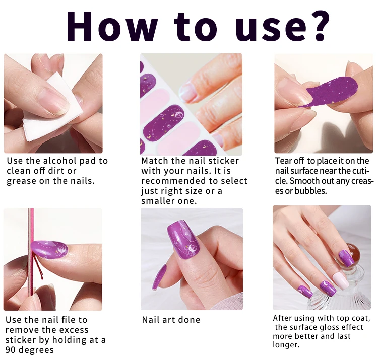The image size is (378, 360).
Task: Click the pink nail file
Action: (x=31, y=259)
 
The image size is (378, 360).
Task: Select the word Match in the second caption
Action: (x=155, y=161)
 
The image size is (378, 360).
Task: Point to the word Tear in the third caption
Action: (x=283, y=161)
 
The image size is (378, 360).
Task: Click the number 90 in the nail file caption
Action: (x=11, y=350)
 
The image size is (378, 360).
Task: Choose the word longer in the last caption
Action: (x=286, y=345)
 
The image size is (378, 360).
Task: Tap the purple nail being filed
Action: (x=50, y=249)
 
